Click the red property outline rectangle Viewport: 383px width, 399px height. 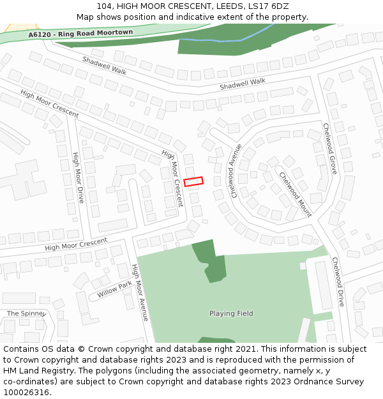click(193, 181)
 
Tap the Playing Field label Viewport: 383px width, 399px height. click(231, 313)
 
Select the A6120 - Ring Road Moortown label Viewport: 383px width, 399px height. click(80, 33)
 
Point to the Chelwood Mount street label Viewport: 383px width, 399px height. click(294, 194)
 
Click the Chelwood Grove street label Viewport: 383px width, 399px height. click(329, 149)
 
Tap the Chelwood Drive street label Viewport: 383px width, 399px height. click(337, 282)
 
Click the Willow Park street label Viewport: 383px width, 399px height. click(114, 289)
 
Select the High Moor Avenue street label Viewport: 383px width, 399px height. click(140, 292)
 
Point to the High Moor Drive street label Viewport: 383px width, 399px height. click(78, 177)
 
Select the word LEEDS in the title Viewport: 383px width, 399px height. click(226, 6)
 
